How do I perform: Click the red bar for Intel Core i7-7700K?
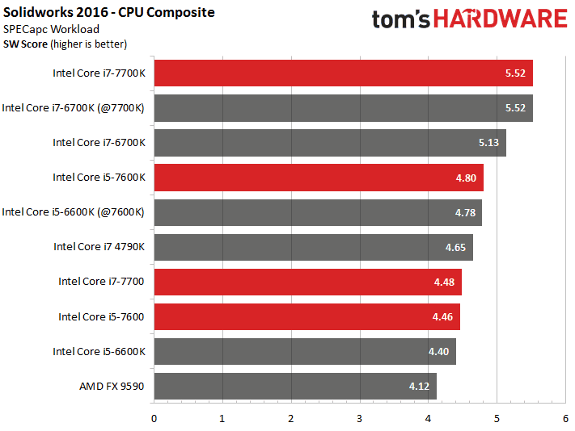pyautogui.click(x=343, y=73)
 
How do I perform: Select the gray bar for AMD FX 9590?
pyautogui.click(x=295, y=386)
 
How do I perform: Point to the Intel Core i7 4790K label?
pyautogui.click(x=99, y=247)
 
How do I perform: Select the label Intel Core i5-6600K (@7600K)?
pyautogui.click(x=73, y=212)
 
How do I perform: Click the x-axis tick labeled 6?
pyautogui.click(x=564, y=419)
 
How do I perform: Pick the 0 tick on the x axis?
pyautogui.click(x=154, y=419)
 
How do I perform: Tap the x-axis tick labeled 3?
pyautogui.click(x=359, y=419)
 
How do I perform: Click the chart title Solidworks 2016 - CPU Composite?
pyautogui.click(x=109, y=13)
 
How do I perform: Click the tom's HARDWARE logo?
pyautogui.click(x=468, y=19)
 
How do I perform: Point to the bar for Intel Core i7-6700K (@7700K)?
pyautogui.click(x=343, y=107)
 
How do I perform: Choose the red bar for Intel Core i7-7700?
pyautogui.click(x=307, y=282)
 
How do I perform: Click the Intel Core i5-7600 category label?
pyautogui.click(x=101, y=316)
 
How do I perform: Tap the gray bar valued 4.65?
pyautogui.click(x=313, y=247)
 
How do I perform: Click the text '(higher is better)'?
pyautogui.click(x=88, y=44)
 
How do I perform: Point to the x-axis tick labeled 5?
pyautogui.click(x=497, y=419)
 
